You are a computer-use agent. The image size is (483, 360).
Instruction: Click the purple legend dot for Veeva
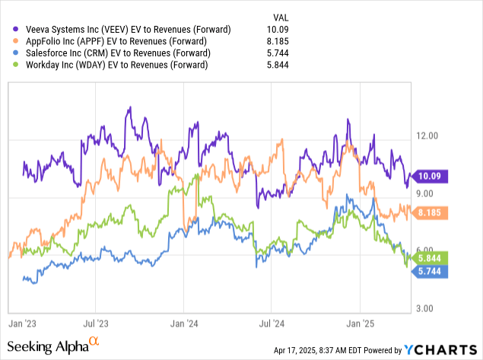click(x=9, y=30)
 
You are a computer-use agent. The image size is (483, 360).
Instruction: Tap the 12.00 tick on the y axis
click(x=429, y=135)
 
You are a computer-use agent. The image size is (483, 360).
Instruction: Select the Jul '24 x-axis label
click(x=272, y=322)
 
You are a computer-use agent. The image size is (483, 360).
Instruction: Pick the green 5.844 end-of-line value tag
click(x=430, y=257)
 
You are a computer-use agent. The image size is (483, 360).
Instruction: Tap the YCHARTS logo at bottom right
click(x=439, y=350)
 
